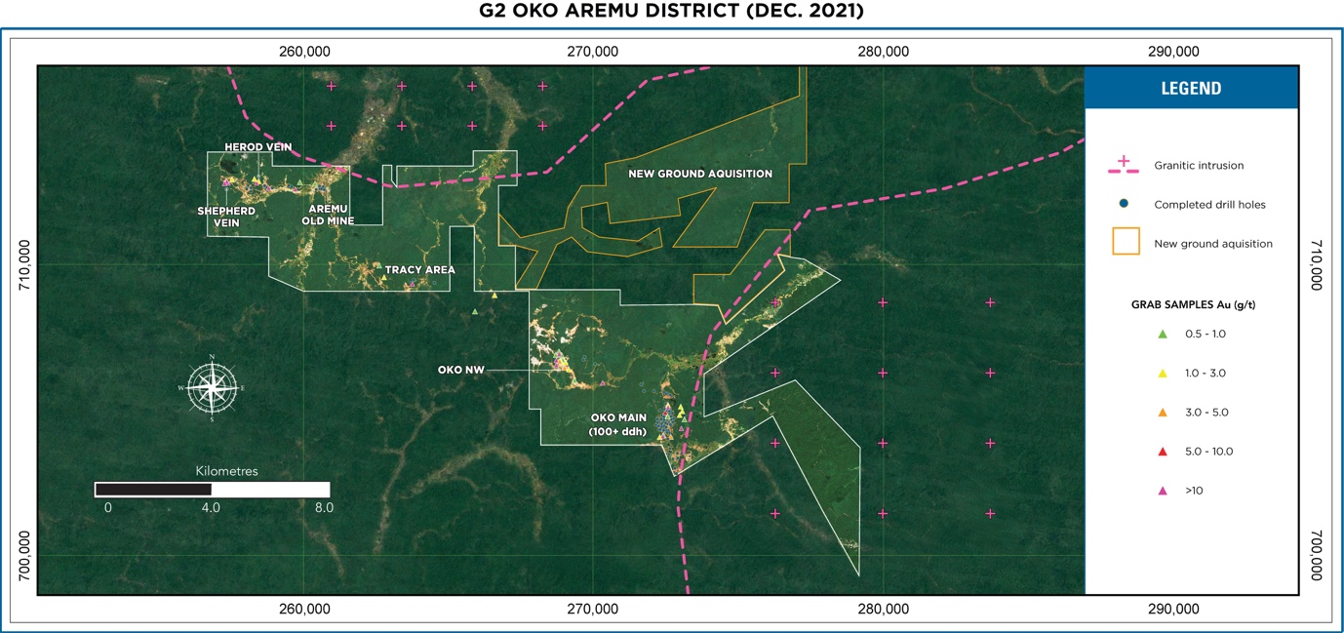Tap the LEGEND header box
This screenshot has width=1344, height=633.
pos(1191,88)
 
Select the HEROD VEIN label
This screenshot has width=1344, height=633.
pos(257,147)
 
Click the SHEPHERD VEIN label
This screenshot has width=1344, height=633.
pos(226,217)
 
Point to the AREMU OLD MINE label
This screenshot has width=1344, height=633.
pos(328,215)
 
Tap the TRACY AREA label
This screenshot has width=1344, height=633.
pos(419,270)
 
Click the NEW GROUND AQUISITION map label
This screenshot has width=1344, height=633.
pos(700,174)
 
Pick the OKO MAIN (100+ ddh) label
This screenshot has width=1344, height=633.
pos(617,424)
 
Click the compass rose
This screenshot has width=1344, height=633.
pos(212,387)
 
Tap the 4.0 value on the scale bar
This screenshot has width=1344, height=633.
pos(211,508)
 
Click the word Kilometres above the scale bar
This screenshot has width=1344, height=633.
pos(226,471)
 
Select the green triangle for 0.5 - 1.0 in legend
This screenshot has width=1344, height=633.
pos(1162,335)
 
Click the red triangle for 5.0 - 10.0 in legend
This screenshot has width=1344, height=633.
pos(1162,452)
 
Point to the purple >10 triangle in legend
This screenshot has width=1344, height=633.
pos(1162,491)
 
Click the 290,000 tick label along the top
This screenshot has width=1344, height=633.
pos(1173,52)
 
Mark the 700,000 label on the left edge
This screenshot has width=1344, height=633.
pos(23,556)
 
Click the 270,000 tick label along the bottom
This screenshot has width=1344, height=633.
pos(593,610)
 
